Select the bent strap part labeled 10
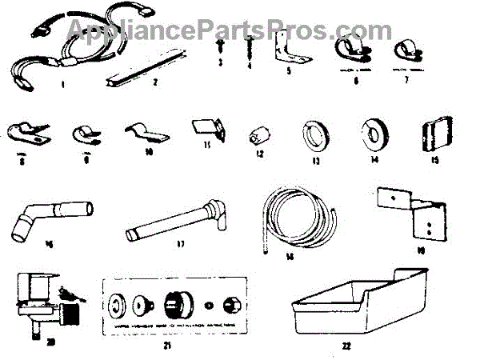pyautogui.click(x=145, y=132)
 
